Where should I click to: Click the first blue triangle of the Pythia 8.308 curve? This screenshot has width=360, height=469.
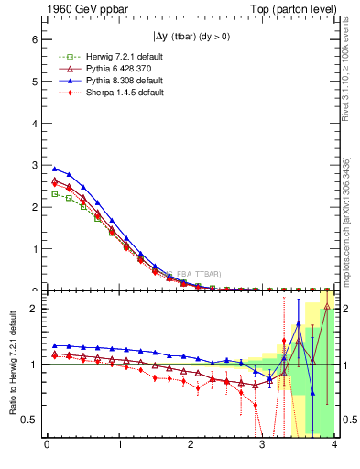pyautogui.click(x=54, y=169)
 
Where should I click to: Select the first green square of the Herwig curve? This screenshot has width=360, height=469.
pyautogui.click(x=54, y=193)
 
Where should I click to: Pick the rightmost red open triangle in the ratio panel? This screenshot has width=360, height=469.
pyautogui.click(x=327, y=306)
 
